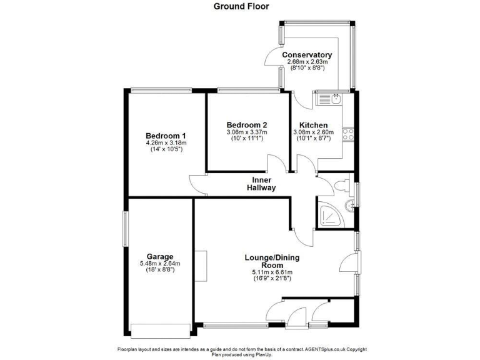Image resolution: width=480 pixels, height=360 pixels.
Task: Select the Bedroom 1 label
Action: (166, 136)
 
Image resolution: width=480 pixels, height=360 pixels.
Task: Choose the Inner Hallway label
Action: (261, 184)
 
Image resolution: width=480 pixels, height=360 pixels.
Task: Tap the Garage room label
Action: (160, 256)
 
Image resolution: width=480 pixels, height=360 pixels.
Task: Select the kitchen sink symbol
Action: (330, 98)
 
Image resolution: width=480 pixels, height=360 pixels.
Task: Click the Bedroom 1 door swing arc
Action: (197, 184)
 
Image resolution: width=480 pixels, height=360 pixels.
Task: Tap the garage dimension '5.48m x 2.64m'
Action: (160, 264)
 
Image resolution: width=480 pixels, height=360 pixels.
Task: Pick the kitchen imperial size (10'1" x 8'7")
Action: (313, 138)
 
